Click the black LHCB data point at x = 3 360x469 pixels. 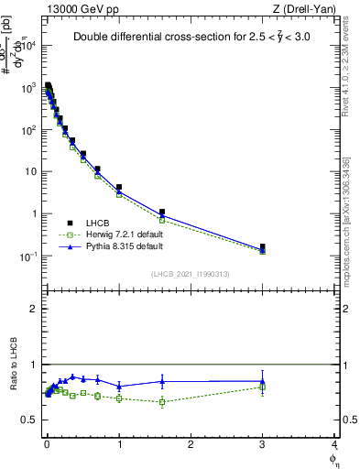(x=263, y=246)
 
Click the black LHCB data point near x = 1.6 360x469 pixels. (x=162, y=212)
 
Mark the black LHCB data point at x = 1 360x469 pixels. (x=119, y=187)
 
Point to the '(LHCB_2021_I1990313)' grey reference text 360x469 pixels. (x=191, y=274)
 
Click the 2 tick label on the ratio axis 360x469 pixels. (x=35, y=309)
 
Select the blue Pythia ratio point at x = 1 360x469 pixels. (x=119, y=386)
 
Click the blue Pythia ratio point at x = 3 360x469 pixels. (x=263, y=381)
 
